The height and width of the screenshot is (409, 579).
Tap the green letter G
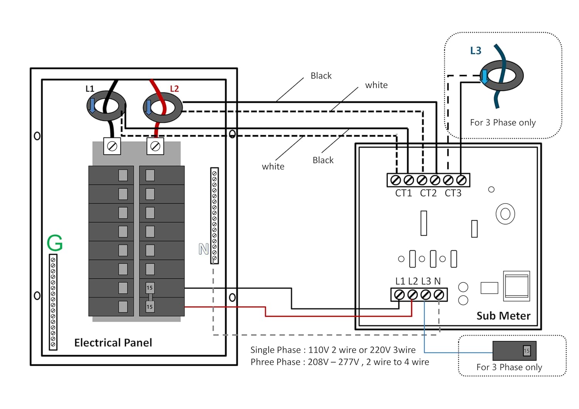pyautogui.click(x=54, y=243)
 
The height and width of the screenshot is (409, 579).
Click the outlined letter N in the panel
pyautogui.click(x=203, y=249)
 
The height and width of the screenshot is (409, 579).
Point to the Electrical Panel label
pyautogui.click(x=113, y=343)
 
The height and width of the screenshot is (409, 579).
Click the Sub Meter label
pyautogui.click(x=503, y=316)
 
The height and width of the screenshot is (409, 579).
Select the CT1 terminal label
pyautogui.click(x=403, y=193)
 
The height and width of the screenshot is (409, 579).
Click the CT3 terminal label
pyautogui.click(x=453, y=193)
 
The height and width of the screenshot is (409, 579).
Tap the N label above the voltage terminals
pyautogui.click(x=437, y=281)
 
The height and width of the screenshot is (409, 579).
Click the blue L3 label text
pyautogui.click(x=476, y=51)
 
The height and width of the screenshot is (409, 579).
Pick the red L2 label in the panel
pyautogui.click(x=174, y=88)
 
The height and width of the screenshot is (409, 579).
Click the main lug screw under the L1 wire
pyautogui.click(x=112, y=146)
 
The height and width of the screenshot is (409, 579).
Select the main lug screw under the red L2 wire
pyautogui.click(x=155, y=146)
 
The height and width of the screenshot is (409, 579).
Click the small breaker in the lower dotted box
pyautogui.click(x=514, y=351)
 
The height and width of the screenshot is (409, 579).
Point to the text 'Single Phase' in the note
pyautogui.click(x=275, y=350)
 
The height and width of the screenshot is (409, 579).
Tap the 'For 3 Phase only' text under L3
pyautogui.click(x=503, y=123)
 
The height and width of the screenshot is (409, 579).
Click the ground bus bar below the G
pyautogui.click(x=53, y=302)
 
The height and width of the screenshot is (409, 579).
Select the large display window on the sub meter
pyautogui.click(x=516, y=286)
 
